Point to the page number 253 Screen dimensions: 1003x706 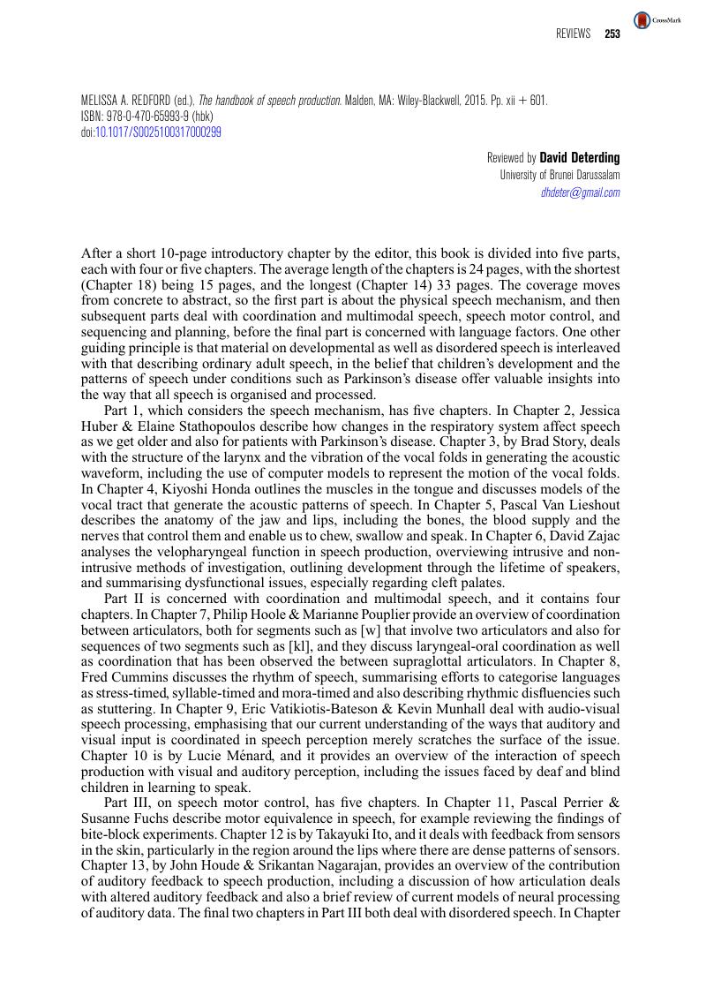coord(612,34)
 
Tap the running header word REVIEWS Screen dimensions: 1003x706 coord(574,34)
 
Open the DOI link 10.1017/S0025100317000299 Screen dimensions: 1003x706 coord(158,132)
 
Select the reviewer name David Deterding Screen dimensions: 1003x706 coord(580,158)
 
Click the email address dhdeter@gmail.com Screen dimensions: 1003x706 coord(580,192)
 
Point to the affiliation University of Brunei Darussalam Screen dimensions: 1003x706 coord(560,175)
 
